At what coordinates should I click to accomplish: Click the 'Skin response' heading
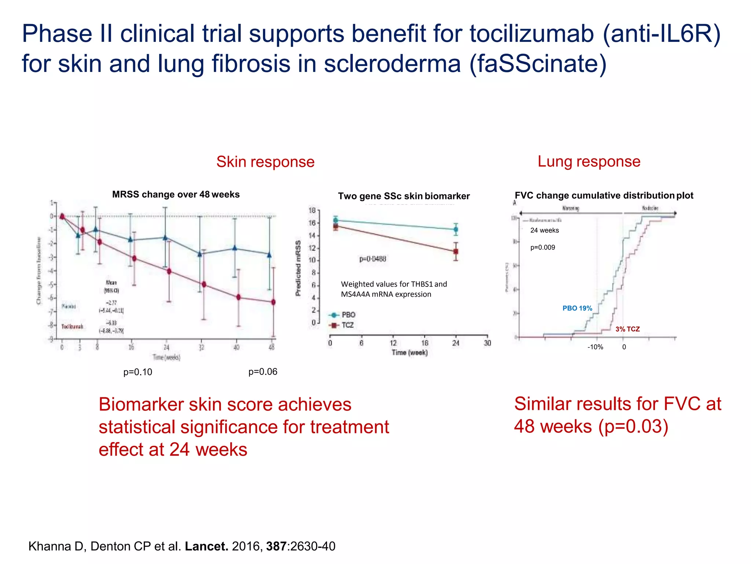(265, 162)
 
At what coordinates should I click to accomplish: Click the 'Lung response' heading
(589, 162)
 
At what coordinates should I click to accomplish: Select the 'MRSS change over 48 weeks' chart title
(176, 195)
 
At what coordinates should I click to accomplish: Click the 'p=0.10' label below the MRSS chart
(138, 372)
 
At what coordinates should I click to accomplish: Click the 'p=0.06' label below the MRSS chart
(263, 372)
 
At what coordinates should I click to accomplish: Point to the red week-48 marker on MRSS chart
(273, 302)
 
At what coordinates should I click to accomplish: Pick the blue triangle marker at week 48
(270, 254)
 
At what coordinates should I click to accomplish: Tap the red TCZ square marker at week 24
(456, 252)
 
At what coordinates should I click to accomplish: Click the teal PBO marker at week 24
(456, 229)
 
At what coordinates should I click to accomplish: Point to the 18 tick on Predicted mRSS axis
(312, 210)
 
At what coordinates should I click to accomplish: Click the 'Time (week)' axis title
(410, 353)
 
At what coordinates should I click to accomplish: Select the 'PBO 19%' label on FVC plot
(577, 308)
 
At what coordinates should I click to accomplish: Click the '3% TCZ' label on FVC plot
(627, 329)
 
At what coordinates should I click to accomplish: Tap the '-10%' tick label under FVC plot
(595, 347)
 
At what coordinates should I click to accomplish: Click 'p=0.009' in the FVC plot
(542, 247)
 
